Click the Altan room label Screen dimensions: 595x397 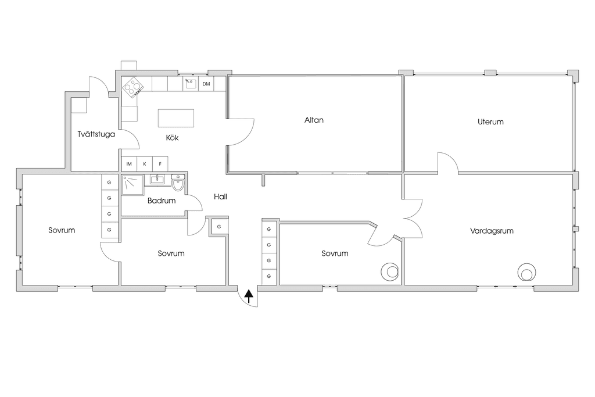pos(314,120)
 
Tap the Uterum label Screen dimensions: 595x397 pos(490,122)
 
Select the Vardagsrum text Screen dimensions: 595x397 pos(492,231)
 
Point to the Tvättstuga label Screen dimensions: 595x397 pos(96,134)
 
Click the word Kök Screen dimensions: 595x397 pos(172,138)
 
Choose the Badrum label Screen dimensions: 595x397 pos(162,201)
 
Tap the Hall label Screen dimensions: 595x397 pos(220,196)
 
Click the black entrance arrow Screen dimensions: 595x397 pos(249,296)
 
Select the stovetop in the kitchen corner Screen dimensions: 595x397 pos(133,87)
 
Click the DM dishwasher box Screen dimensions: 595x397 pos(206,84)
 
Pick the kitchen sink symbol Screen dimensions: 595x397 pos(190,84)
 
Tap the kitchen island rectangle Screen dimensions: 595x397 pos(175,118)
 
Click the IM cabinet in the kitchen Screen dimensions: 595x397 pos(129,164)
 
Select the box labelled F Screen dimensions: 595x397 pos(160,164)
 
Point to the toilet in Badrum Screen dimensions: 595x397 pos(178,183)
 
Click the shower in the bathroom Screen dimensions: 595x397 pos(133,185)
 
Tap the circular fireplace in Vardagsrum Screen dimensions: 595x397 pos(526,273)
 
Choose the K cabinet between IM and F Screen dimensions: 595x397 pos(145,164)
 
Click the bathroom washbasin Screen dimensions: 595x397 pos(157,180)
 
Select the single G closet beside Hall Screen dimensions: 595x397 pos(219,227)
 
